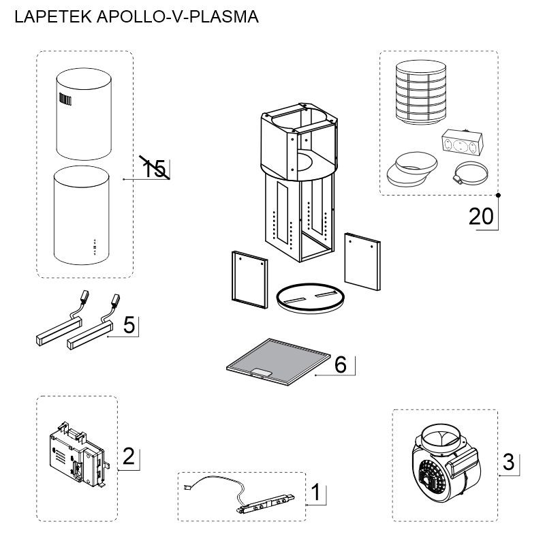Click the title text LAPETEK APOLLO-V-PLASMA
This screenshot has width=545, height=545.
pos(136,17)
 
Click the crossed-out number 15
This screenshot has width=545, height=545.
pos(155,168)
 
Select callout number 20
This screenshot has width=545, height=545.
pos(481,216)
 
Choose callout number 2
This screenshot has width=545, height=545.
pos(128,456)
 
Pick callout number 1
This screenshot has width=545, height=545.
pos(315,491)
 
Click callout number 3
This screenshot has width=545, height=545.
pos(508,461)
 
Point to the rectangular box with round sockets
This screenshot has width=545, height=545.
pos(458,143)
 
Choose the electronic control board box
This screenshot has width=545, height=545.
pos(76,453)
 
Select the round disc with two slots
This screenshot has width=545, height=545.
pos(311,298)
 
